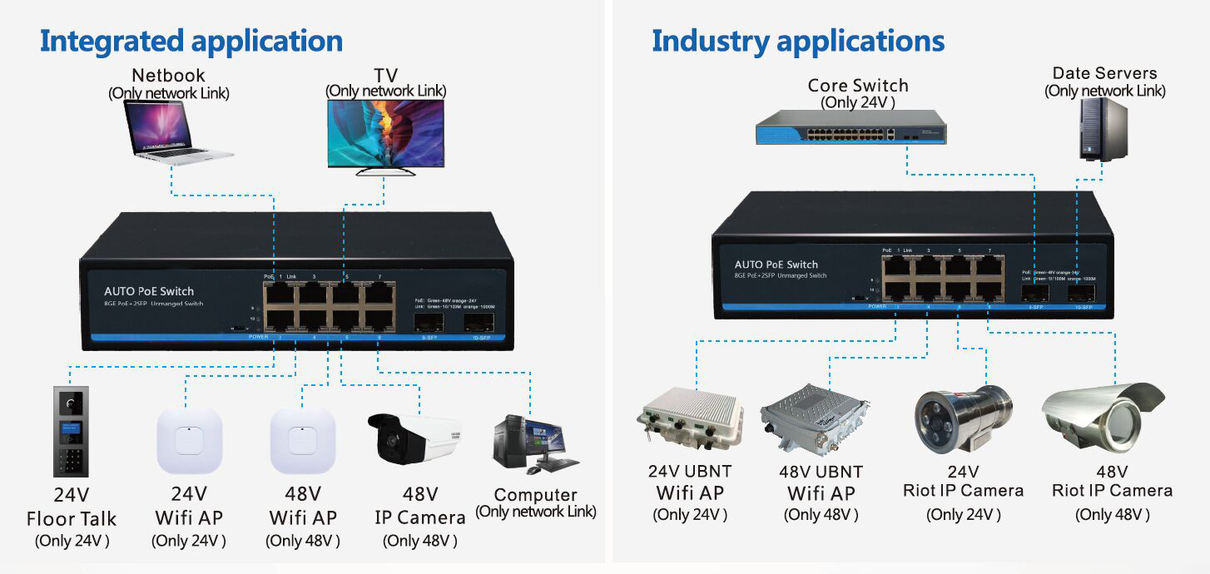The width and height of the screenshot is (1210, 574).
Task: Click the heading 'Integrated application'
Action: click(191, 41)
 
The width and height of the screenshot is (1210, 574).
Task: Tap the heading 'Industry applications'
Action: click(798, 41)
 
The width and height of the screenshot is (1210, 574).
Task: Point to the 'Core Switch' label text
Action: click(858, 86)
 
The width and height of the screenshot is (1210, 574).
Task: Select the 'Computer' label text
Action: click(535, 495)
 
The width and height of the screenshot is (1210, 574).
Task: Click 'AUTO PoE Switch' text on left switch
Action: click(149, 291)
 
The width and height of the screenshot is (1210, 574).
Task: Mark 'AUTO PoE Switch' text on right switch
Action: click(776, 265)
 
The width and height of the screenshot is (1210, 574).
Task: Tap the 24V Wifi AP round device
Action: click(190, 440)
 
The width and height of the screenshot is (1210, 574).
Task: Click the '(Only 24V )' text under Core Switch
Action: click(858, 102)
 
